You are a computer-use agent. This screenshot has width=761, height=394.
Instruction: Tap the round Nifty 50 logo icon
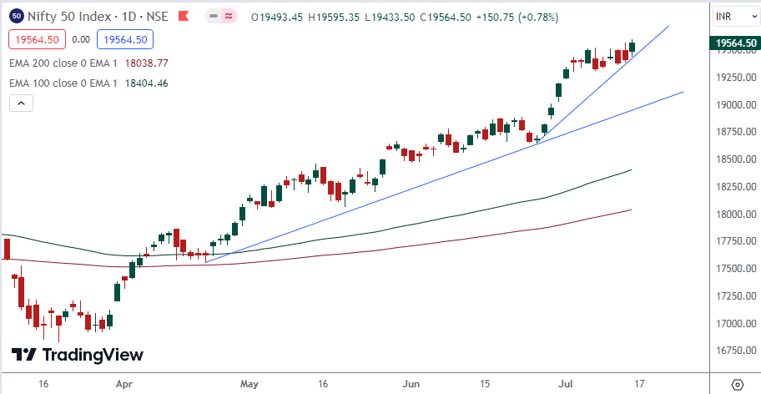[17, 15]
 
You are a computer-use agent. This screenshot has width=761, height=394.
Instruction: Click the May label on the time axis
[249, 385]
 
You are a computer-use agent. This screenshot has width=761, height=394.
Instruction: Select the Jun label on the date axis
[411, 385]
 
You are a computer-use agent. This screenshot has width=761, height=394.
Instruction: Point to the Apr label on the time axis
[124, 385]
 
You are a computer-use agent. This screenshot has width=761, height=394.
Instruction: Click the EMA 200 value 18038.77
[146, 63]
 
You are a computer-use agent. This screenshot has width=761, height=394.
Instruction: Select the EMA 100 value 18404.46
[146, 83]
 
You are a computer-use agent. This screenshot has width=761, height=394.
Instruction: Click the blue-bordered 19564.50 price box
[123, 38]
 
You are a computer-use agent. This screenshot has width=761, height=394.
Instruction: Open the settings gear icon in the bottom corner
[737, 385]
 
